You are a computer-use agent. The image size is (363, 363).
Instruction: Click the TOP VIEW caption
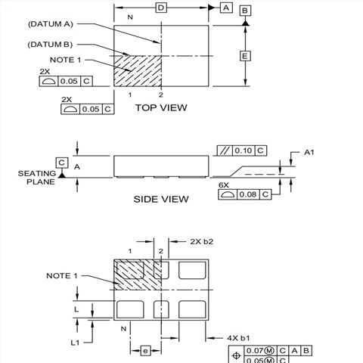[x=160, y=108]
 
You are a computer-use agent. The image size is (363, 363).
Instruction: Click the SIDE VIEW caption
[x=160, y=200]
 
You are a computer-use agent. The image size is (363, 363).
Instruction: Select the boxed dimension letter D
[x=161, y=8]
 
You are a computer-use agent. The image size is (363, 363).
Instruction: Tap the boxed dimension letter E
[x=244, y=57]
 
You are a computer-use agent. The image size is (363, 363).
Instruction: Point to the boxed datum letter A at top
[x=225, y=8]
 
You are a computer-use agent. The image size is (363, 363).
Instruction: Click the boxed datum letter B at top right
[x=245, y=11]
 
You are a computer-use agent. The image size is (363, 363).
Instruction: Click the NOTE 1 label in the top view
[x=61, y=60]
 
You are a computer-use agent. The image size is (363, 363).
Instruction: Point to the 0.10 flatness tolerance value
[x=242, y=151]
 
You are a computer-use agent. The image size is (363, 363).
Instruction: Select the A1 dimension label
[x=309, y=153]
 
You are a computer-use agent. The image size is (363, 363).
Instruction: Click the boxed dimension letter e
[x=145, y=351]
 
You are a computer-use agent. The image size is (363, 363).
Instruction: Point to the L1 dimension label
[x=75, y=343]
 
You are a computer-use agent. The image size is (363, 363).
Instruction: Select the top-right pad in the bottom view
[x=192, y=270]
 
